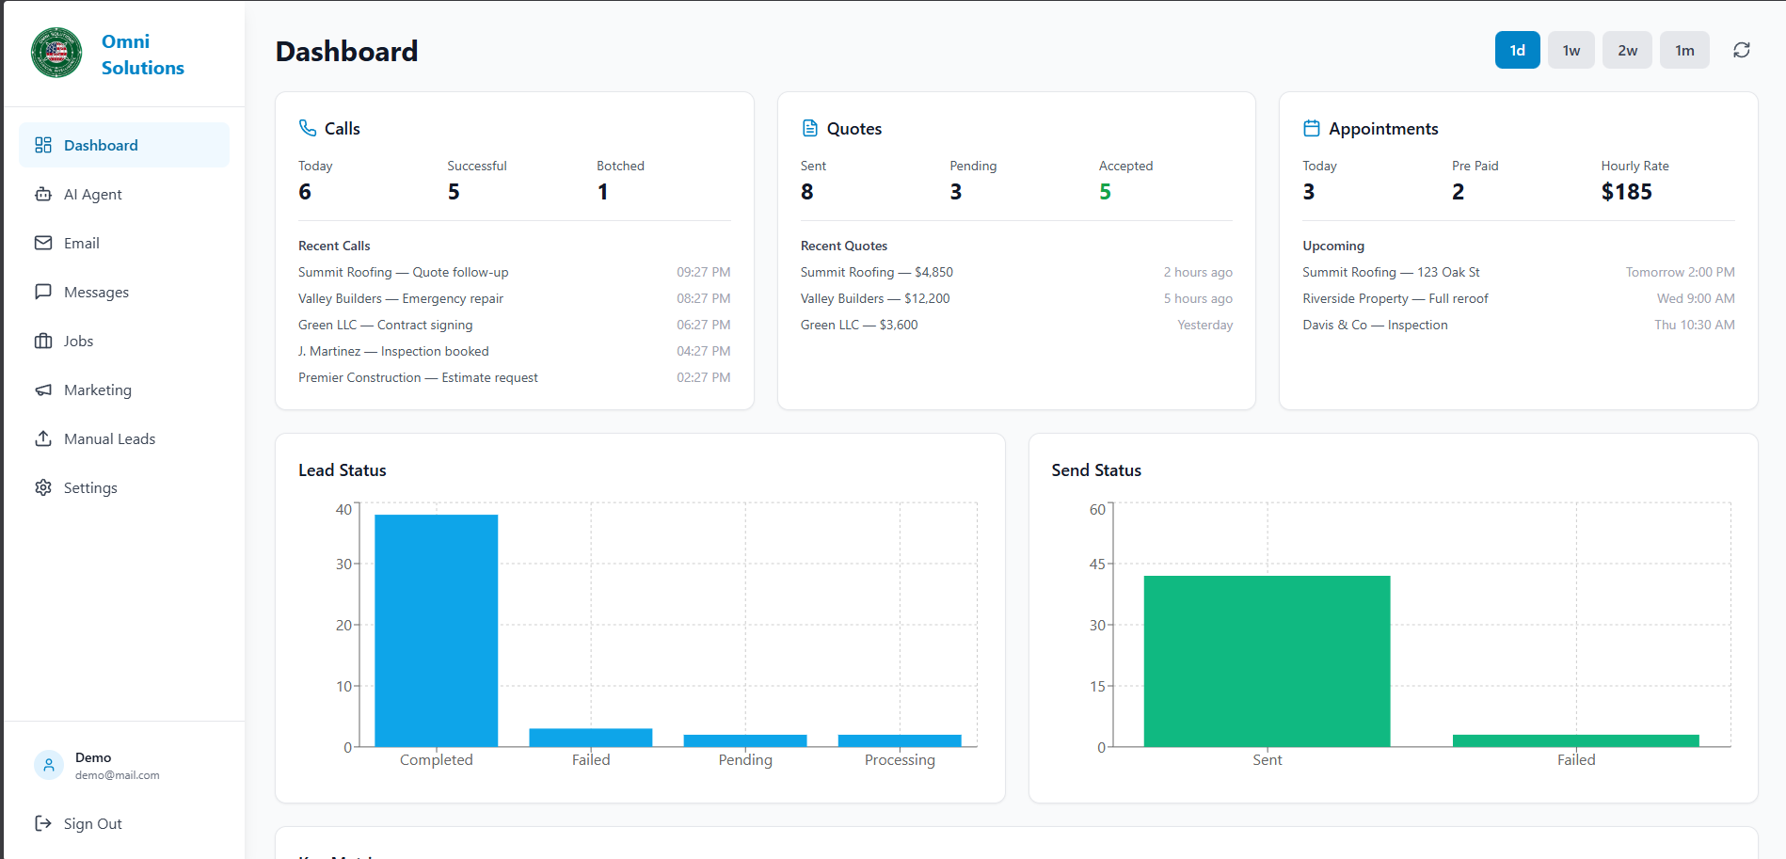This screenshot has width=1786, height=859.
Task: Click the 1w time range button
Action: pyautogui.click(x=1571, y=51)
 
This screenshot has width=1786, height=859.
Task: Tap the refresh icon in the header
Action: pyautogui.click(x=1741, y=51)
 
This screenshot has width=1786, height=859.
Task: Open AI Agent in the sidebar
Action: pyautogui.click(x=92, y=195)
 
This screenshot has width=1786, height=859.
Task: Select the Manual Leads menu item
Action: pyautogui.click(x=109, y=439)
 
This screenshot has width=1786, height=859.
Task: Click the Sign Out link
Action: pyautogui.click(x=92, y=824)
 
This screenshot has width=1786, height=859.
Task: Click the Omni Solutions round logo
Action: pyautogui.click(x=56, y=53)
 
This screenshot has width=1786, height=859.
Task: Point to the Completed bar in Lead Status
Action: pyautogui.click(x=436, y=630)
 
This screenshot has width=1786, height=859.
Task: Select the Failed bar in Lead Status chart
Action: pyautogui.click(x=590, y=738)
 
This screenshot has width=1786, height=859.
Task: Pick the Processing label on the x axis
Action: pyautogui.click(x=900, y=760)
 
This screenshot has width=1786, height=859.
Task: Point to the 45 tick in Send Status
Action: pyautogui.click(x=1097, y=565)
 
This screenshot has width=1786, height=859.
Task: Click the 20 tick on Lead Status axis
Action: pyautogui.click(x=343, y=626)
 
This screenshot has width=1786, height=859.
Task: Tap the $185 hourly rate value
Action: pyautogui.click(x=1626, y=192)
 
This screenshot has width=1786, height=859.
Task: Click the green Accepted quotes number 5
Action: pyautogui.click(x=1105, y=192)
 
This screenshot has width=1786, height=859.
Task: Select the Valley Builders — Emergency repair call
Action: pyautogui.click(x=401, y=299)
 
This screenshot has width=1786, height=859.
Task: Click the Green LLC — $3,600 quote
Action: pyautogui.click(x=859, y=326)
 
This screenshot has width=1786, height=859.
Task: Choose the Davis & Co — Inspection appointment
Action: pyautogui.click(x=1375, y=326)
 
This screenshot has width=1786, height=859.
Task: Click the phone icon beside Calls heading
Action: pyautogui.click(x=308, y=128)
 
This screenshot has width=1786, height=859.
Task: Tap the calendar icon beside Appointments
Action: pyautogui.click(x=1311, y=128)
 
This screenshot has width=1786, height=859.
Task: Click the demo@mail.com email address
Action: pyautogui.click(x=118, y=776)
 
